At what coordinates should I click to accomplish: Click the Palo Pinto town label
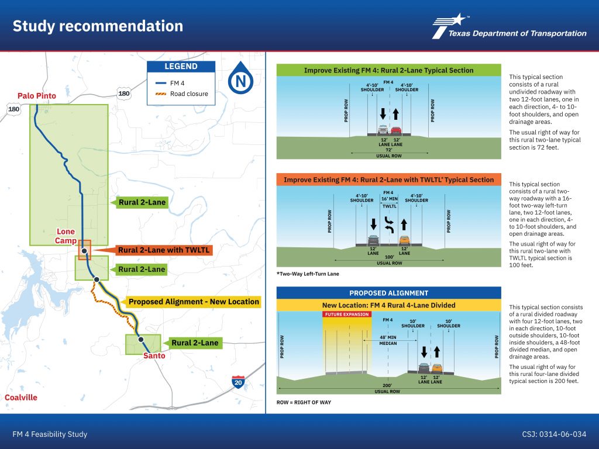[37, 96]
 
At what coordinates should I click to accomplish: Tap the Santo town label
[154, 356]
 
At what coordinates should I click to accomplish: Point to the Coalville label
[21, 398]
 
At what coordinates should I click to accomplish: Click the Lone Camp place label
[66, 236]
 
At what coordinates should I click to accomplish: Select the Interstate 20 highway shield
[238, 382]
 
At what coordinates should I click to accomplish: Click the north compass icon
[240, 79]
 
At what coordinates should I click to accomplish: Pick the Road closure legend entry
[181, 94]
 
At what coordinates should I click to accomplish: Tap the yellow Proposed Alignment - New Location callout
[191, 302]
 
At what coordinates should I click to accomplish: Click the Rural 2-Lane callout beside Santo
[193, 343]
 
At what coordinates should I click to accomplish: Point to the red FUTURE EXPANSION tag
[347, 314]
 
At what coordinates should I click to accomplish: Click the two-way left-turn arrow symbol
[389, 225]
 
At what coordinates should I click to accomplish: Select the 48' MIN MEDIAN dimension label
[388, 340]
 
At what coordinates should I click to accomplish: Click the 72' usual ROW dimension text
[389, 150]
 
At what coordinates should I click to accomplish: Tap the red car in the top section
[396, 130]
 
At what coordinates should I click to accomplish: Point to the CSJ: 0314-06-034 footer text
[554, 434]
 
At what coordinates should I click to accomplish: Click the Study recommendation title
[98, 26]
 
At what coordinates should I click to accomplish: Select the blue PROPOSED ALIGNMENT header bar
[388, 293]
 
